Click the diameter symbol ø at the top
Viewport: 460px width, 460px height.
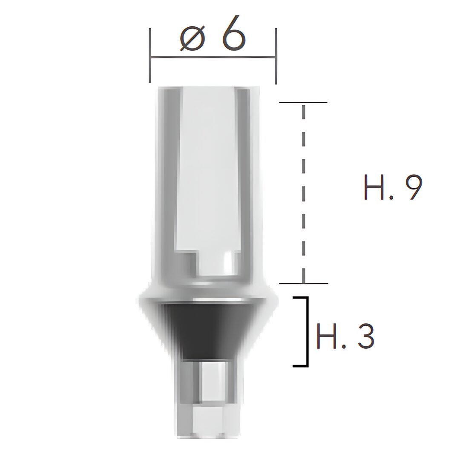click(x=192, y=39)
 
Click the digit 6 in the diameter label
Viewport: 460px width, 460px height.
click(x=233, y=35)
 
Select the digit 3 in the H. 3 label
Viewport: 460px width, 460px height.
click(x=364, y=335)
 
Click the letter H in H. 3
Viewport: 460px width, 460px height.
click(x=327, y=336)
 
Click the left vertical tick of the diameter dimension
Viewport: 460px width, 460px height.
click(x=150, y=55)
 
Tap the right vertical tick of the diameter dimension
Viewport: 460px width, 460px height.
click(x=276, y=56)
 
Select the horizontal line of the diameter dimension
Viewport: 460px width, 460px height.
click(x=213, y=57)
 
